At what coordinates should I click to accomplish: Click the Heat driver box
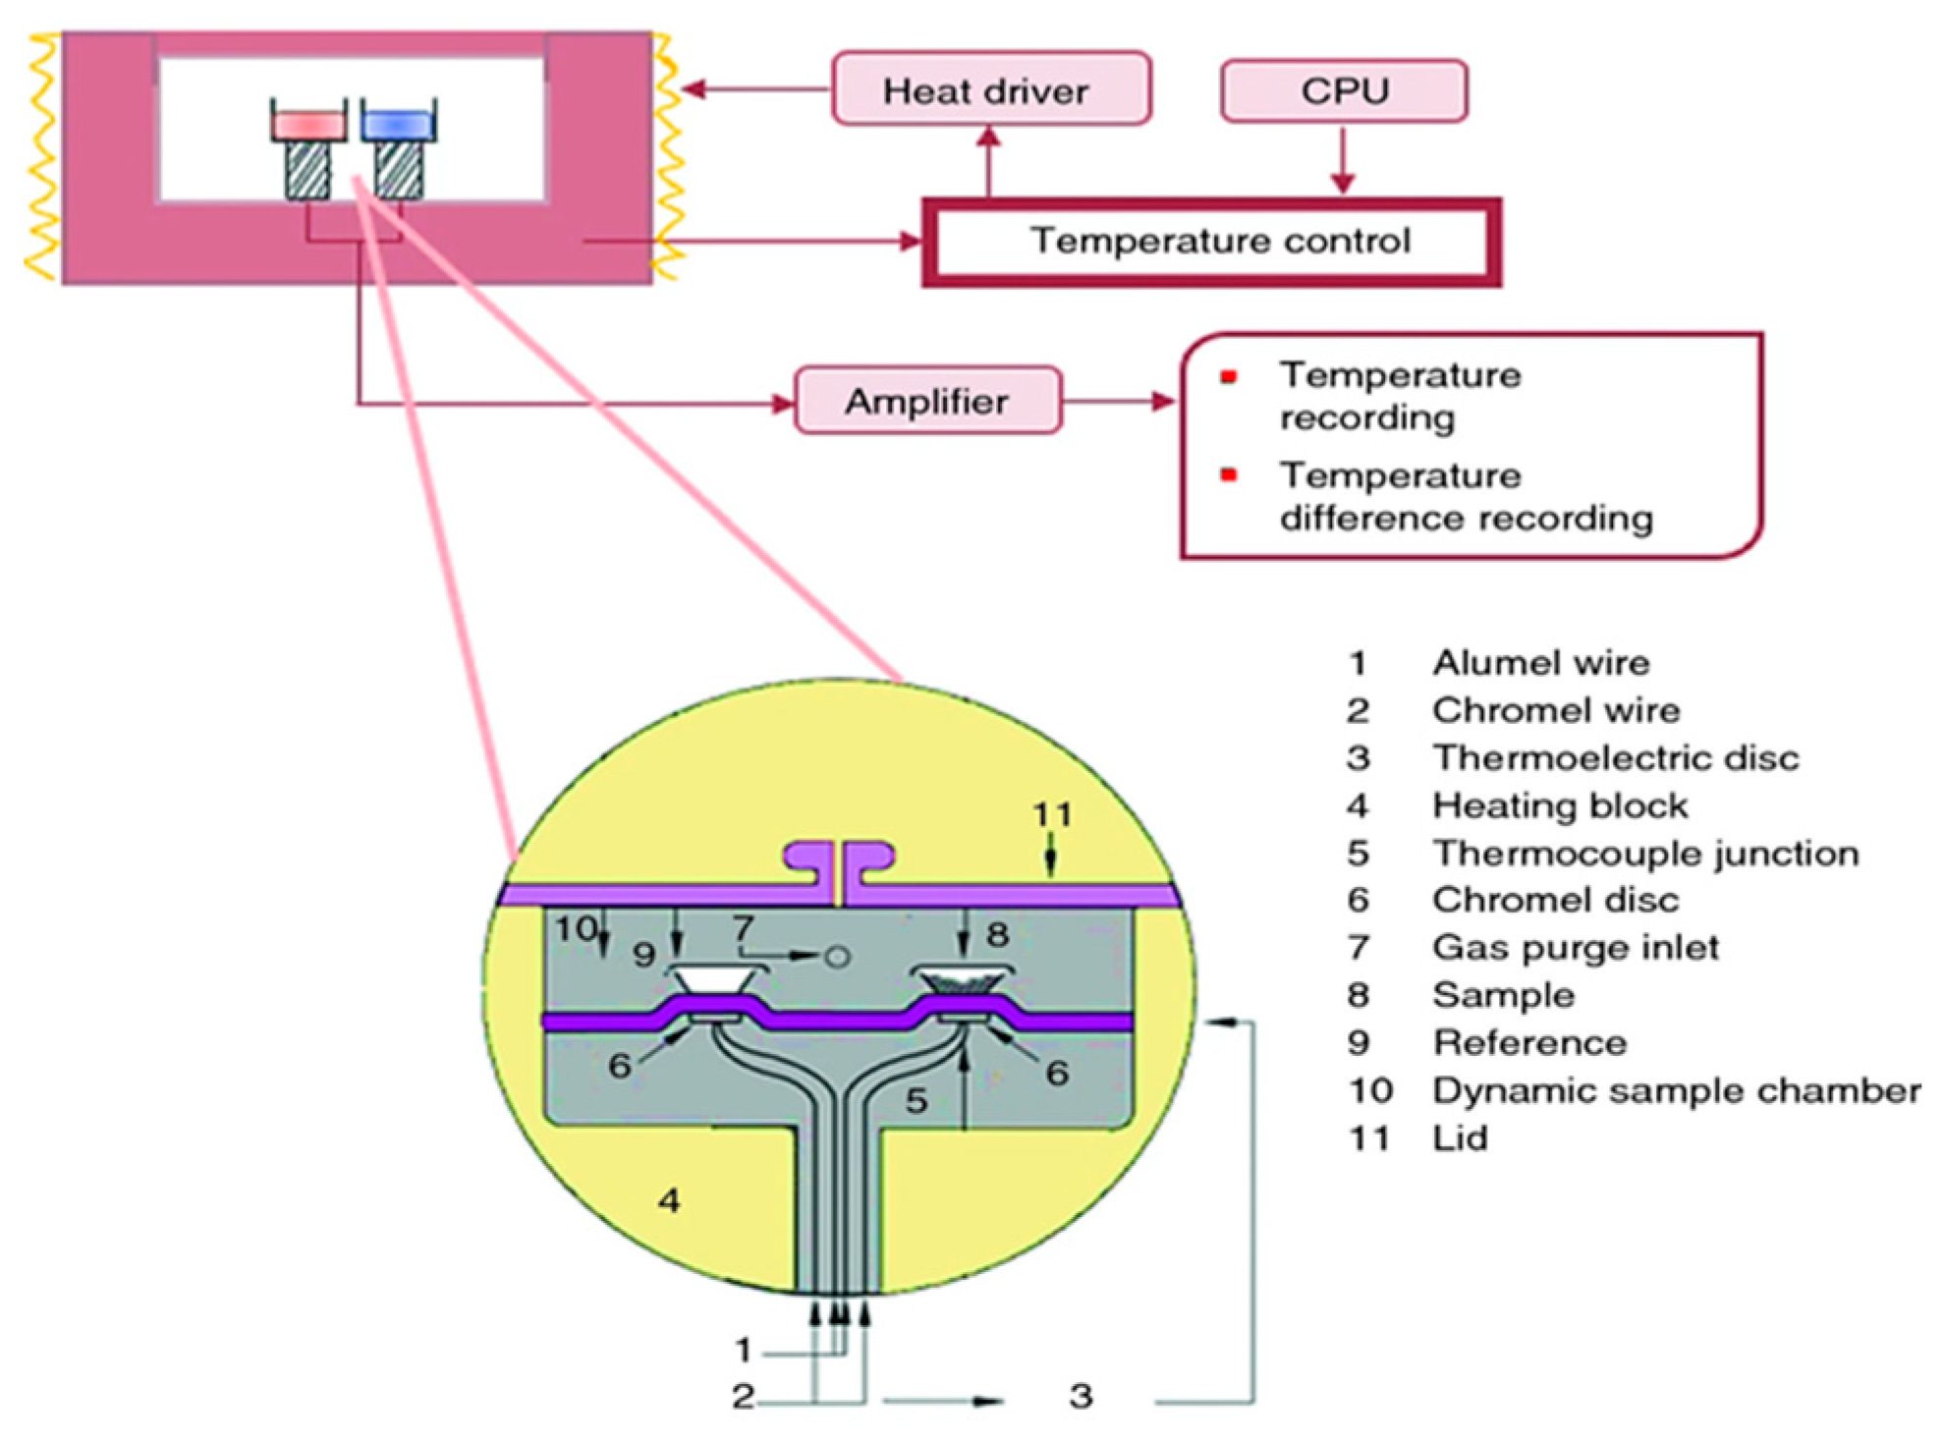coord(991,89)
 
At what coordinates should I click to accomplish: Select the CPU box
coord(1344,91)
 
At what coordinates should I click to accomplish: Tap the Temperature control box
coord(1211,242)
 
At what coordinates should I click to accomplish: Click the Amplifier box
coord(927,401)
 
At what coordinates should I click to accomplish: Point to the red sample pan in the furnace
coord(309,125)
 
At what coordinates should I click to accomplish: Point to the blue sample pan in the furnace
coord(398,124)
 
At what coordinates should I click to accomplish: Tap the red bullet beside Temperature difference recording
coord(1228,475)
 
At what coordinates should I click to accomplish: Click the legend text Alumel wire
coord(1540,663)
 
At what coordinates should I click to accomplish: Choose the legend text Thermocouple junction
coord(1645,854)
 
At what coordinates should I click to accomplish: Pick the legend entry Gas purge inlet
coord(1576,948)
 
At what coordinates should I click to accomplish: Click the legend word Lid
coord(1460,1138)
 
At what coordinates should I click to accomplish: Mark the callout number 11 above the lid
coord(1051,814)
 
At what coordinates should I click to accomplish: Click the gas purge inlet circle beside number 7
coord(837,956)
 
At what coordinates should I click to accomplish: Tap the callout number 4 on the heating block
coord(669,1199)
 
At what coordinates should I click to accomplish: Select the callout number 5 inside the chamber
coord(916,1100)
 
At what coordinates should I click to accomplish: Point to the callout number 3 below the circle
coord(1081,1396)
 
